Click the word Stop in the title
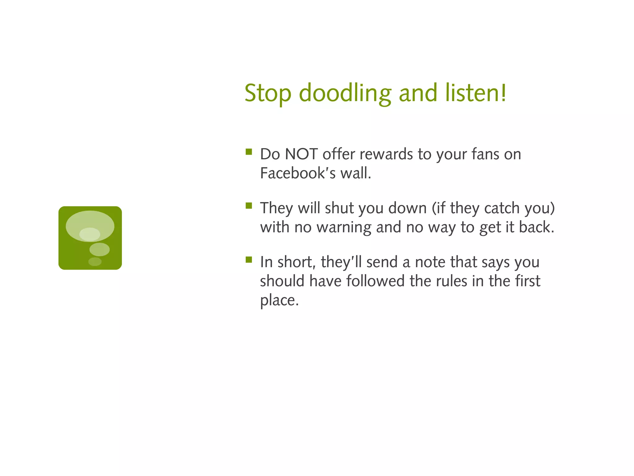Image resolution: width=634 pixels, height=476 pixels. coord(268,93)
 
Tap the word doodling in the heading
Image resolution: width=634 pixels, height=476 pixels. coord(345,93)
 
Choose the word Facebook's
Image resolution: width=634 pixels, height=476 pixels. coord(297,173)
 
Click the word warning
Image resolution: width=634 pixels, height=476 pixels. coord(343,227)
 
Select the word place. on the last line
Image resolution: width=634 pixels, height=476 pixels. coord(279,300)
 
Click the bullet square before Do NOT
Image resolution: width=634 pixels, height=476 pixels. coord(249,152)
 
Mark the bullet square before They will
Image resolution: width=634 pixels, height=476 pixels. coord(249,206)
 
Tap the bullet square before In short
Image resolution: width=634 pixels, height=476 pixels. coord(249,260)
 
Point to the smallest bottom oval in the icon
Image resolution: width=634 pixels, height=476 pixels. coord(95,262)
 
